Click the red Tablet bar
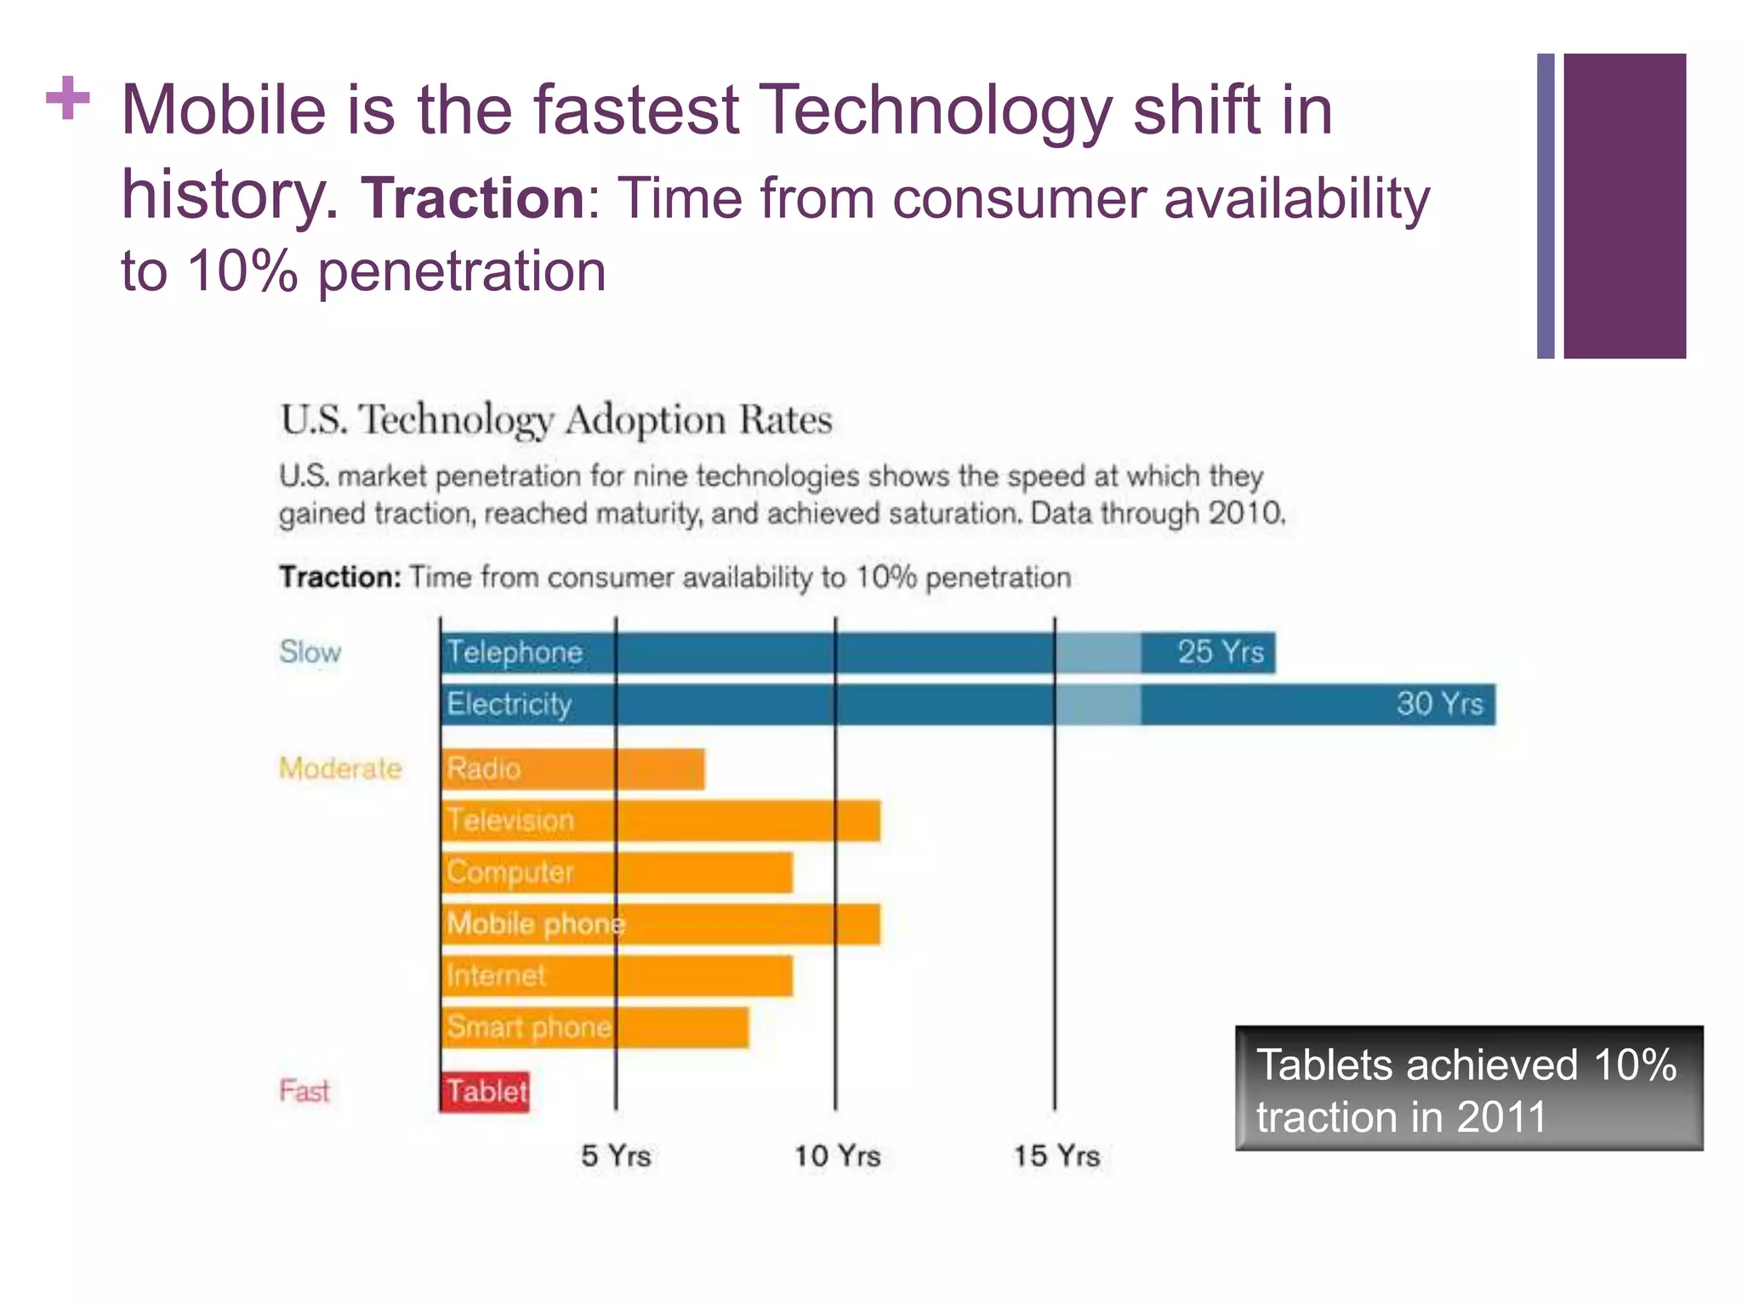click(x=485, y=1092)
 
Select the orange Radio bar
click(x=572, y=769)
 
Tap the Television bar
click(x=661, y=821)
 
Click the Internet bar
click(x=618, y=976)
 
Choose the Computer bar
click(x=618, y=873)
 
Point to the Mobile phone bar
click(x=661, y=925)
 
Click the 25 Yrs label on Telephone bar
click(x=1221, y=653)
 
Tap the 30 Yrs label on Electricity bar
click(x=1439, y=704)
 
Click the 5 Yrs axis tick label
click(x=616, y=1156)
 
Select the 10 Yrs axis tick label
click(x=837, y=1156)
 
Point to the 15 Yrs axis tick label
click(x=1056, y=1156)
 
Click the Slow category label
click(x=310, y=653)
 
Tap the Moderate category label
click(x=340, y=769)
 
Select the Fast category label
click(x=304, y=1092)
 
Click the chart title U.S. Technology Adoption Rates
click(x=556, y=420)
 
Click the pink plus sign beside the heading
click(x=68, y=99)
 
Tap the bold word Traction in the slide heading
click(x=473, y=197)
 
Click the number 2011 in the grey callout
click(x=1501, y=1117)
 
